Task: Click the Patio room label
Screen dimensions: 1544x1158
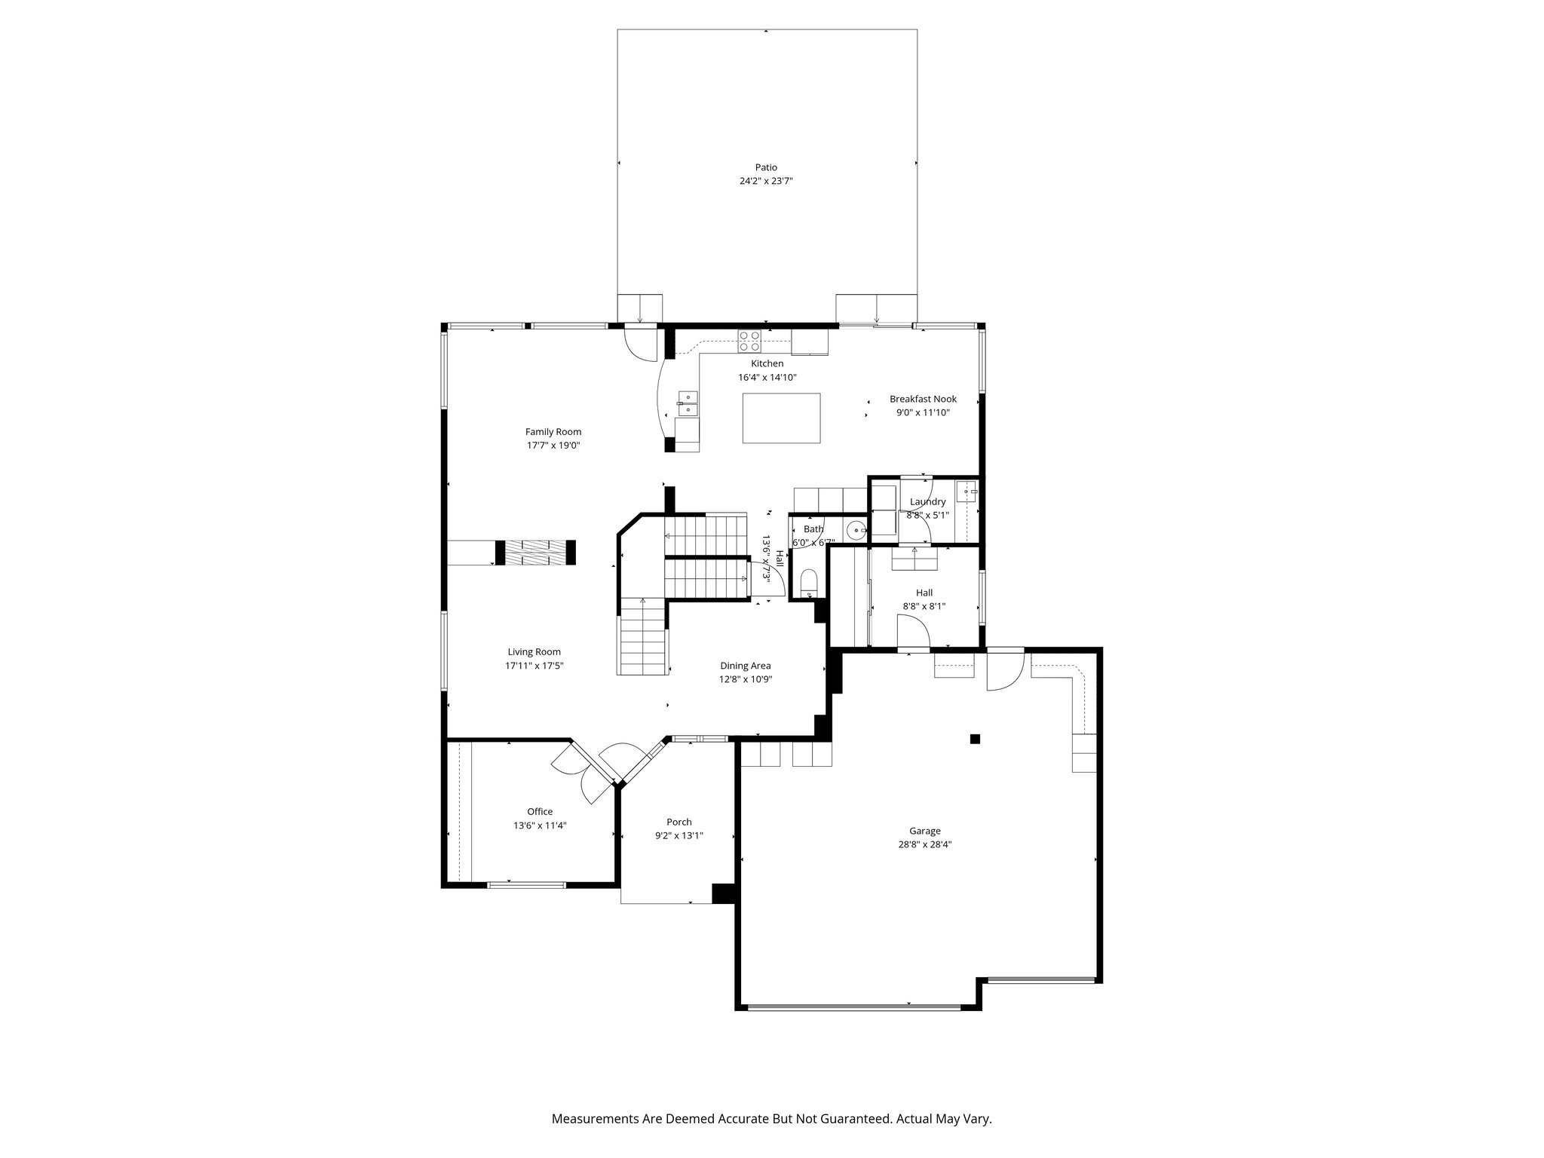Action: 766,167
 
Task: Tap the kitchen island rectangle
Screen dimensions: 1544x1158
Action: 781,418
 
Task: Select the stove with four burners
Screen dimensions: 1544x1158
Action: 749,341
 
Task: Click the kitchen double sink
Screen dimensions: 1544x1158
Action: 161,404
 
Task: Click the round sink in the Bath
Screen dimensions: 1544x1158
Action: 856,531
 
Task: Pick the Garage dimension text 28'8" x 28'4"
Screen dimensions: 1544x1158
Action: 924,844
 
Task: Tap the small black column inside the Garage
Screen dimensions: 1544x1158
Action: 975,739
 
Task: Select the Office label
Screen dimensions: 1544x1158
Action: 540,811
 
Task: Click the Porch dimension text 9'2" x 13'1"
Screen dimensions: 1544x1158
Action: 679,835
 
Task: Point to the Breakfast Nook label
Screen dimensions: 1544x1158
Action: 923,399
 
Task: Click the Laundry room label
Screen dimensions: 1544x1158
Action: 927,501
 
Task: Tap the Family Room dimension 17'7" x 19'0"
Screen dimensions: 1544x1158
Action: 553,445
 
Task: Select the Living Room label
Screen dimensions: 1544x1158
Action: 535,651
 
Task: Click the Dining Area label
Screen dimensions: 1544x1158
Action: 745,665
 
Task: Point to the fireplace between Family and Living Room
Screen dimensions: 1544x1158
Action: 535,552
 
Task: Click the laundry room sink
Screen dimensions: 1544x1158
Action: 967,492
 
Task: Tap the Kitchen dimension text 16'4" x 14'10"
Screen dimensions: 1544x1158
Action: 767,377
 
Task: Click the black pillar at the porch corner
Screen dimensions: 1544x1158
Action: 723,893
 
